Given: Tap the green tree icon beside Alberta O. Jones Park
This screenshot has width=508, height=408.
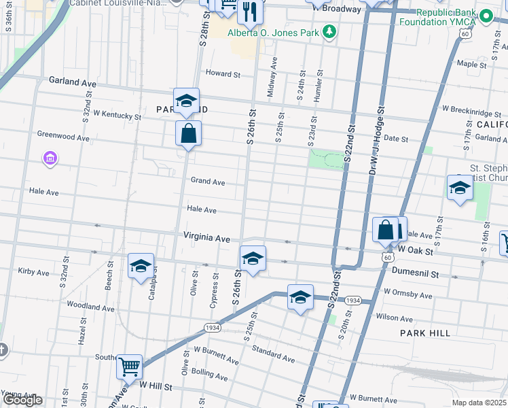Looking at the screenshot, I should click(329, 31).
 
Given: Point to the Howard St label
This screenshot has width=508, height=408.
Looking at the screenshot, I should click(223, 73).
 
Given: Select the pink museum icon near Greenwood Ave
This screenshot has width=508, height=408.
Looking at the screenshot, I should click(49, 160).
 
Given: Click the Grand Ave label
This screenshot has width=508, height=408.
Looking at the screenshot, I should click(207, 182).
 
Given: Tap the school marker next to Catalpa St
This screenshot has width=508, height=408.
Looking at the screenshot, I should click(141, 267).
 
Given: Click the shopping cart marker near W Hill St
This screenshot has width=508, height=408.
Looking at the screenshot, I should click(129, 367).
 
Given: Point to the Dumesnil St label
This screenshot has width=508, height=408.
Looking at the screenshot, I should click(416, 273).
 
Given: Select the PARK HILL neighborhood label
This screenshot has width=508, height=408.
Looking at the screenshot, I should click(425, 333).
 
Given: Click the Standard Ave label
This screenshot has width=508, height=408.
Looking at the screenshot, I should click(273, 354).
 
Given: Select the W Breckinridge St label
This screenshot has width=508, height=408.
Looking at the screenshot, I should click(470, 108).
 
